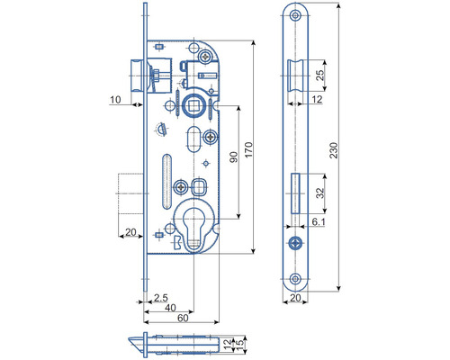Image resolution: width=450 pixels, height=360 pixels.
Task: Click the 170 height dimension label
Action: pyautogui.click(x=248, y=149)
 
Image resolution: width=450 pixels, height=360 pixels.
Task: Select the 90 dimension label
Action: pyautogui.click(x=234, y=157)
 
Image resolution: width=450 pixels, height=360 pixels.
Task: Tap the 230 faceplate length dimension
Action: pyautogui.click(x=334, y=150)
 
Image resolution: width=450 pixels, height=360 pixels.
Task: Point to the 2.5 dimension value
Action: pyautogui.click(x=161, y=298)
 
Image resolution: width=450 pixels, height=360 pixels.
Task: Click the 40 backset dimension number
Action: pyautogui.click(x=170, y=308)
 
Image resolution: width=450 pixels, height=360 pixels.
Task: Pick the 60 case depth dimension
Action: pyautogui.click(x=183, y=318)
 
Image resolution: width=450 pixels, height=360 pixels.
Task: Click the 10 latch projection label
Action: pyautogui.click(x=115, y=100)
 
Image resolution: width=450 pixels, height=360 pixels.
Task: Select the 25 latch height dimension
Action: pyautogui.click(x=320, y=75)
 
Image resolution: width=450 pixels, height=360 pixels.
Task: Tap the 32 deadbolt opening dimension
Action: pyautogui.click(x=320, y=193)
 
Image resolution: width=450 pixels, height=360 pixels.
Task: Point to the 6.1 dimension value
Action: pyautogui.click(x=319, y=221)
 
